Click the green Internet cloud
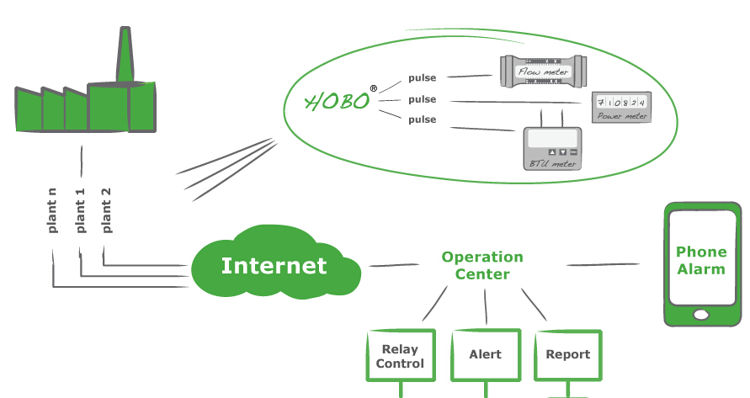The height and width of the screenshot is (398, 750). tap(274, 266)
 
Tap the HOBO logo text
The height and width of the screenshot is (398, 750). tap(338, 102)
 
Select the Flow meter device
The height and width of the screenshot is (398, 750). tap(542, 72)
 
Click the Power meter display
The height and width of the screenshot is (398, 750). tap(621, 106)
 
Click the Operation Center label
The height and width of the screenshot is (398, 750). tap(482, 265)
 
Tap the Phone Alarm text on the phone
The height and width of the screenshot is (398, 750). tap(700, 260)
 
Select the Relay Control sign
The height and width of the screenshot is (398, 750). tap(400, 357)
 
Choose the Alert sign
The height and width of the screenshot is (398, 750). tap(485, 354)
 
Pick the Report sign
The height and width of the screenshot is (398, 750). tap(568, 354)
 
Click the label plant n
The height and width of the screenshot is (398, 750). tap(52, 210)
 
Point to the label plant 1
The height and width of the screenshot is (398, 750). tap(80, 210)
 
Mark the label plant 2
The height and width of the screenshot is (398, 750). tap(106, 210)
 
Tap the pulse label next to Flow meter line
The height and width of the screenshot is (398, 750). tap(423, 78)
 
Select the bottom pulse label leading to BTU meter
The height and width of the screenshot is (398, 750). tap(423, 119)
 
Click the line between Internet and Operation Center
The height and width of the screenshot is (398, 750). tap(394, 265)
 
